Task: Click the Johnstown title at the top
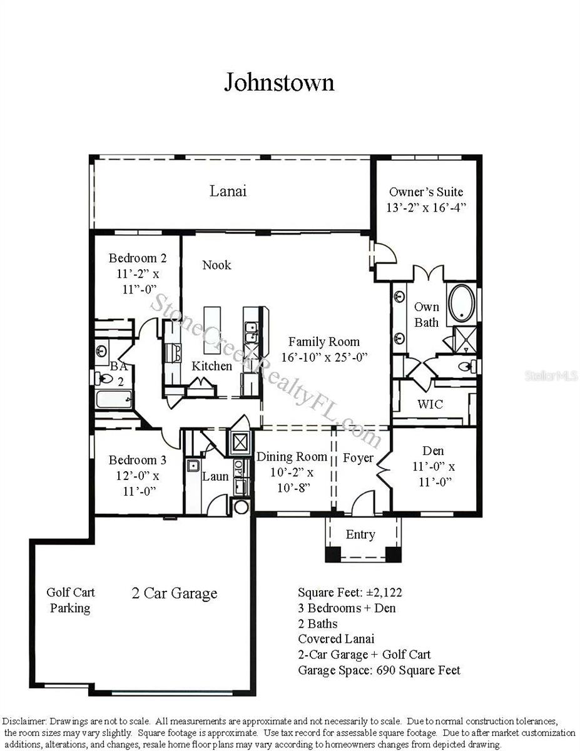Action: click(x=279, y=82)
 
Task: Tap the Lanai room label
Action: click(x=228, y=191)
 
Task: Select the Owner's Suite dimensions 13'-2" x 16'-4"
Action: click(x=426, y=207)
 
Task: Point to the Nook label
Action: click(x=216, y=265)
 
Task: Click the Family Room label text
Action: click(x=323, y=342)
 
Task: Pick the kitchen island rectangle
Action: click(x=212, y=330)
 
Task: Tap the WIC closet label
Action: click(x=430, y=404)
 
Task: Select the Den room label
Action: click(x=433, y=451)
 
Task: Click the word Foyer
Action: click(x=359, y=458)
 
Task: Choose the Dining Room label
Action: click(x=292, y=456)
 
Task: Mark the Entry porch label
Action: click(x=360, y=534)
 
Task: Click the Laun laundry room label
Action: click(x=215, y=476)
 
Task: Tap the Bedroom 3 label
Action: click(x=138, y=460)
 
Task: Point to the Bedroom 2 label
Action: click(x=138, y=258)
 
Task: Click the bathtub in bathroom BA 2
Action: click(x=114, y=399)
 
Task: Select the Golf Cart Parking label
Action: click(x=71, y=600)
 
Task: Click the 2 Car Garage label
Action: click(x=175, y=593)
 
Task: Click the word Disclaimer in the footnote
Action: click(x=24, y=722)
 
